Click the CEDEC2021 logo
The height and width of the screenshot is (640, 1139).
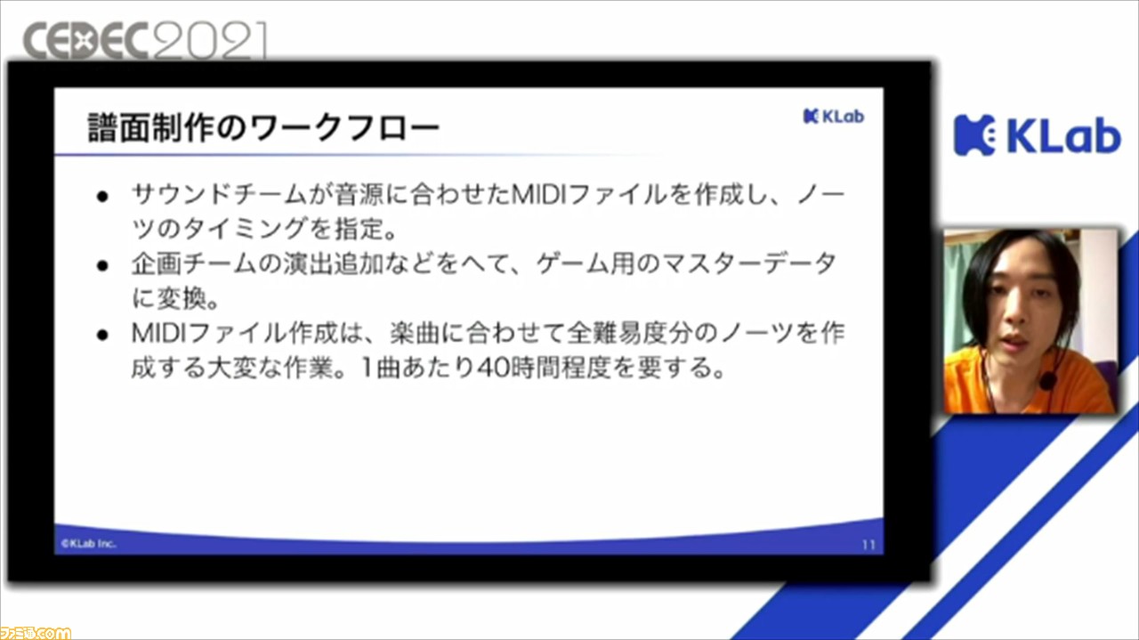click(x=145, y=41)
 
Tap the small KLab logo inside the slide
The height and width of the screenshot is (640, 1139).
click(x=834, y=117)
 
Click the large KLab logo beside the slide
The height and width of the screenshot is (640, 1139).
click(x=1038, y=135)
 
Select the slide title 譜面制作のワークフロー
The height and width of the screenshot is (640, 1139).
click(x=263, y=127)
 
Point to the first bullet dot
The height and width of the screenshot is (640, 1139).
click(x=102, y=197)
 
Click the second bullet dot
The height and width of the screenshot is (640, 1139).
click(x=102, y=265)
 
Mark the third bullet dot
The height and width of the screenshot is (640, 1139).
click(x=102, y=335)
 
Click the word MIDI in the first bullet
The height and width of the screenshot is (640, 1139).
click(x=539, y=195)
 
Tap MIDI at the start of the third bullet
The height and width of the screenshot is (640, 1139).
click(x=159, y=333)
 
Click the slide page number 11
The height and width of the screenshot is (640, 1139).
click(x=868, y=545)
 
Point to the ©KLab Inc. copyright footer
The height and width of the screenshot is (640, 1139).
click(x=88, y=543)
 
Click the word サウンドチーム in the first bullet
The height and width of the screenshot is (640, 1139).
click(x=219, y=195)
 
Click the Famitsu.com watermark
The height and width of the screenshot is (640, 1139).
click(x=36, y=633)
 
